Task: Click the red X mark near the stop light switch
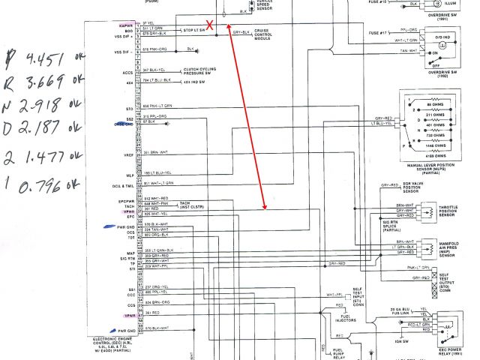(211, 25)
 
